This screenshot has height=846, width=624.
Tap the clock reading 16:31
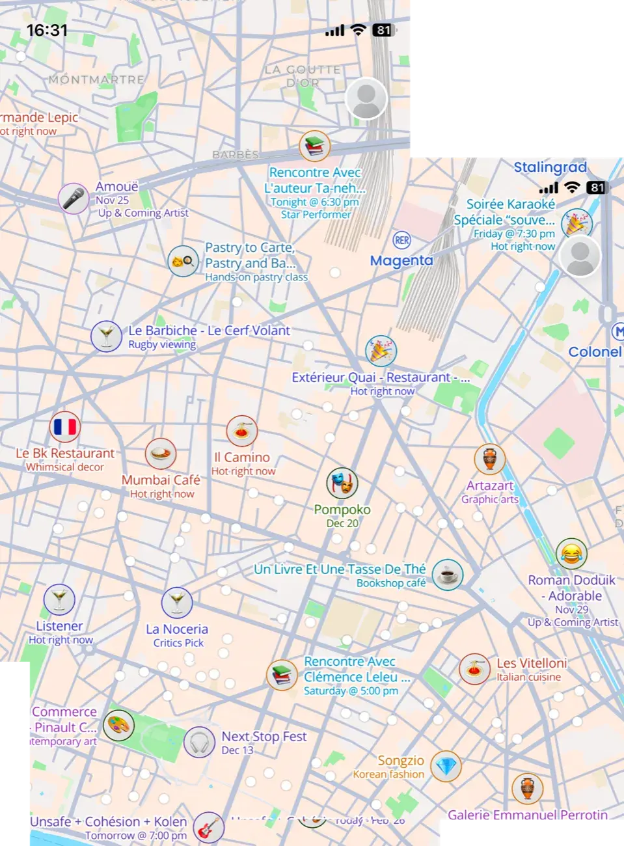[47, 30]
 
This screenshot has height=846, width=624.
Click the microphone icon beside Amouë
[74, 198]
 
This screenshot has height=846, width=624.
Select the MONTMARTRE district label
[96, 79]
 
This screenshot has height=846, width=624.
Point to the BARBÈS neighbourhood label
[236, 155]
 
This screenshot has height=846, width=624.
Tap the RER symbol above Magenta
[402, 240]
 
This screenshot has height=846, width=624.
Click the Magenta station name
[401, 261]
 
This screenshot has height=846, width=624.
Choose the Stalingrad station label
[550, 167]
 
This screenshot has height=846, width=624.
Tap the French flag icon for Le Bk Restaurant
[65, 427]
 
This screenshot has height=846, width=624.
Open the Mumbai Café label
[161, 480]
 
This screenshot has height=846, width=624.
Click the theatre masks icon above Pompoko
[342, 483]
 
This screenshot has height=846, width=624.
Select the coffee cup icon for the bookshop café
[448, 575]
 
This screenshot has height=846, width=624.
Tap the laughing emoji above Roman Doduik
[571, 554]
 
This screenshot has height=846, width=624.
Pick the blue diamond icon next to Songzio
[446, 767]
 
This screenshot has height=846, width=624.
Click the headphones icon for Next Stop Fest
[199, 742]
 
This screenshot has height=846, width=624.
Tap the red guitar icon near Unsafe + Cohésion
[209, 828]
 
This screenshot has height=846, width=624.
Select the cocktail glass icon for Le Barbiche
[106, 336]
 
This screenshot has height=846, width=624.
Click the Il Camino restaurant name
[242, 457]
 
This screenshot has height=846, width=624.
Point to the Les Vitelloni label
[532, 663]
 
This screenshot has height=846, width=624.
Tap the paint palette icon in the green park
[118, 725]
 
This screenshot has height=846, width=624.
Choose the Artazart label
[490, 485]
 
